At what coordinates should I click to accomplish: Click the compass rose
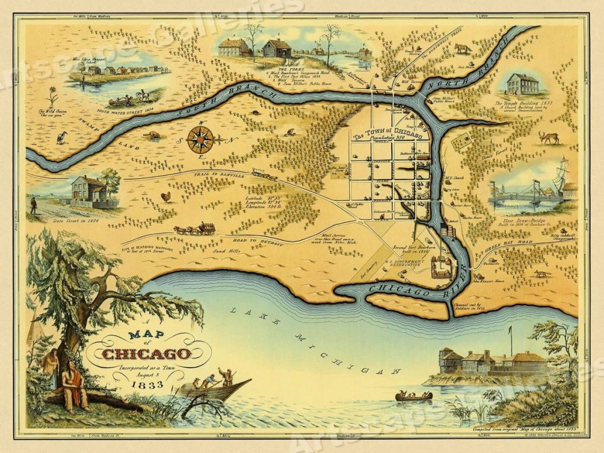click(201, 140)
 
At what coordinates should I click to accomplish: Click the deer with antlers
click(549, 137)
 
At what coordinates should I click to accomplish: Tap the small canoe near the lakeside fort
click(413, 396)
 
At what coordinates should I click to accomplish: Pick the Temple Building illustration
click(523, 85)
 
